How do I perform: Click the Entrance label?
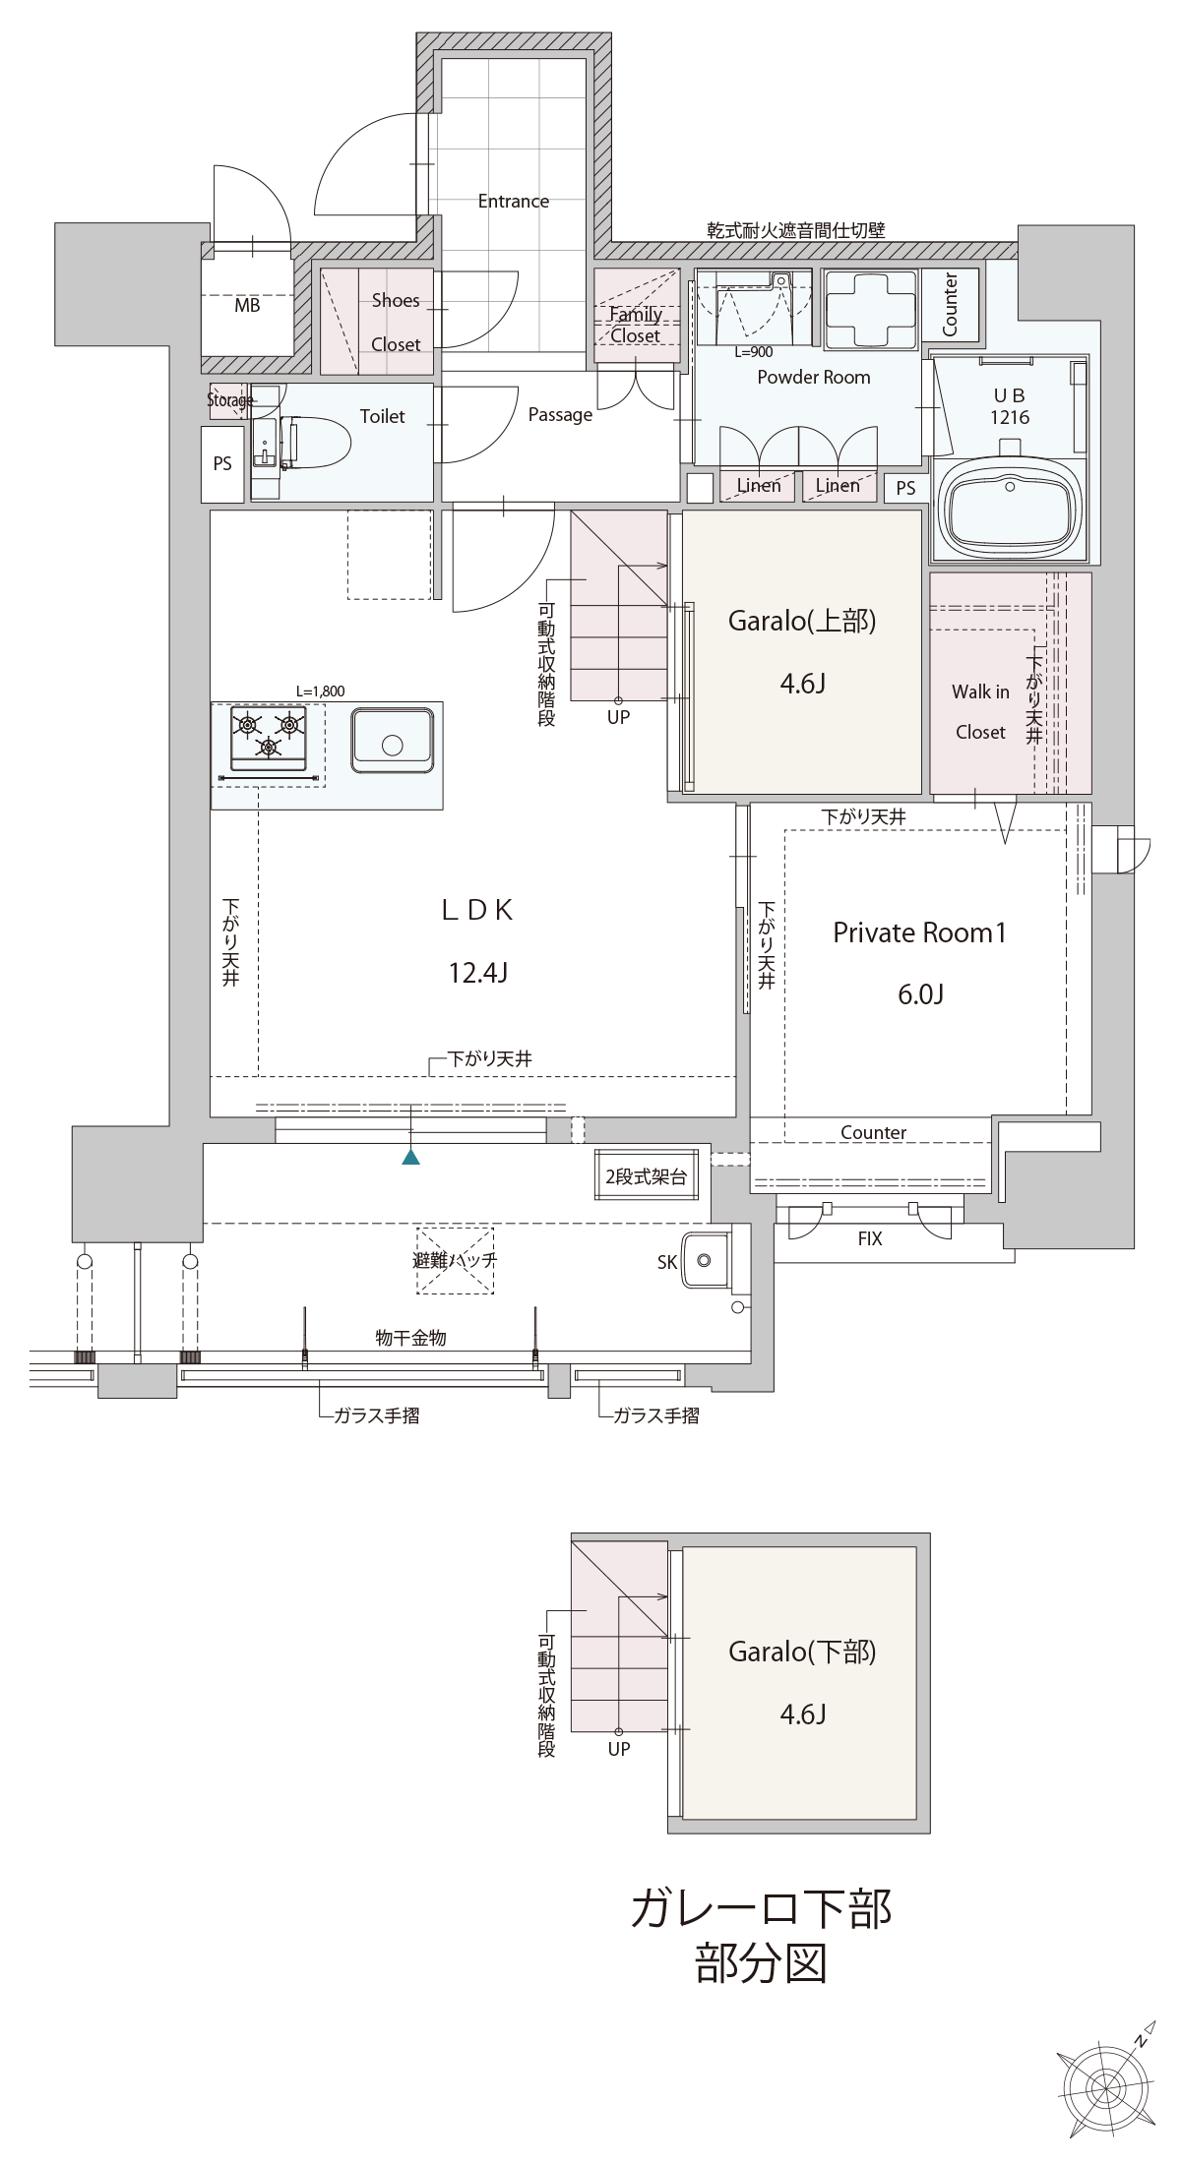pos(513,201)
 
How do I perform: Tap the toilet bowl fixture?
pos(316,444)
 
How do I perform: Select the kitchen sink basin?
pos(392,742)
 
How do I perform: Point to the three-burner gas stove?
pos(269,738)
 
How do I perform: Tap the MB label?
pos(247,306)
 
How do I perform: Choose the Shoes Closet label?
pos(396,322)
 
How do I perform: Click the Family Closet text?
pos(635,325)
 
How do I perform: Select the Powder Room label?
pos(813,377)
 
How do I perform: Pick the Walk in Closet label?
pos(980,711)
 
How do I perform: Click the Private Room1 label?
pos(919,932)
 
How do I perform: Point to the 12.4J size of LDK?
pos(477,974)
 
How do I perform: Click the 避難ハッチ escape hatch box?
pos(456,1260)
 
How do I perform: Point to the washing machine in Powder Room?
pos(870,309)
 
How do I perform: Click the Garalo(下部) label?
pos(802,1652)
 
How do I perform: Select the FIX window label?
pos(870,1239)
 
